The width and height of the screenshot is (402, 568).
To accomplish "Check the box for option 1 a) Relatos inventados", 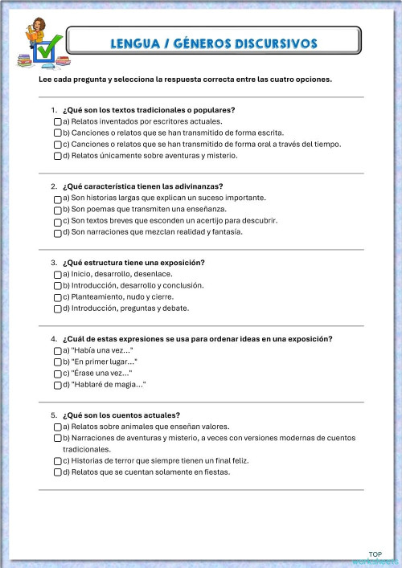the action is [x=57, y=121].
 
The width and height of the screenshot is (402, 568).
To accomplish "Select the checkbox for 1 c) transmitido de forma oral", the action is [x=57, y=145].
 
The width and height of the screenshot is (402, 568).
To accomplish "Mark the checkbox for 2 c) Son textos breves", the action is [x=57, y=221].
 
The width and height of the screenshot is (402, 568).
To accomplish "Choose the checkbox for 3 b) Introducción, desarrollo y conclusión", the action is [x=57, y=286].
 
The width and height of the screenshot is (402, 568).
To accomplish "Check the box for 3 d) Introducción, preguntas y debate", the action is [x=57, y=309].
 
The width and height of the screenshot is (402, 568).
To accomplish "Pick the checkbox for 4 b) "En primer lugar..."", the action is [x=57, y=362].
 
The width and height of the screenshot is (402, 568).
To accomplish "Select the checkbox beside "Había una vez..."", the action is [x=57, y=350].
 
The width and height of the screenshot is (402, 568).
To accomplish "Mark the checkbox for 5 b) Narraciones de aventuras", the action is [x=57, y=439].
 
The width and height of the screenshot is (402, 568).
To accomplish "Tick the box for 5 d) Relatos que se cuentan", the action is [x=57, y=473].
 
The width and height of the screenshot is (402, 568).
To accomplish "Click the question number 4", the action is [x=53, y=339].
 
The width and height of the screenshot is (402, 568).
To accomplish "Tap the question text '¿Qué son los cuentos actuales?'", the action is [x=121, y=415].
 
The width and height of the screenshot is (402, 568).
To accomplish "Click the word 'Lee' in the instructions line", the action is [x=45, y=80].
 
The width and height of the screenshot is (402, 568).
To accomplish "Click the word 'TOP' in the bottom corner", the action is [x=375, y=554].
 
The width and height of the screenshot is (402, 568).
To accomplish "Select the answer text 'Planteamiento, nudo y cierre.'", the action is [x=121, y=296].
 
